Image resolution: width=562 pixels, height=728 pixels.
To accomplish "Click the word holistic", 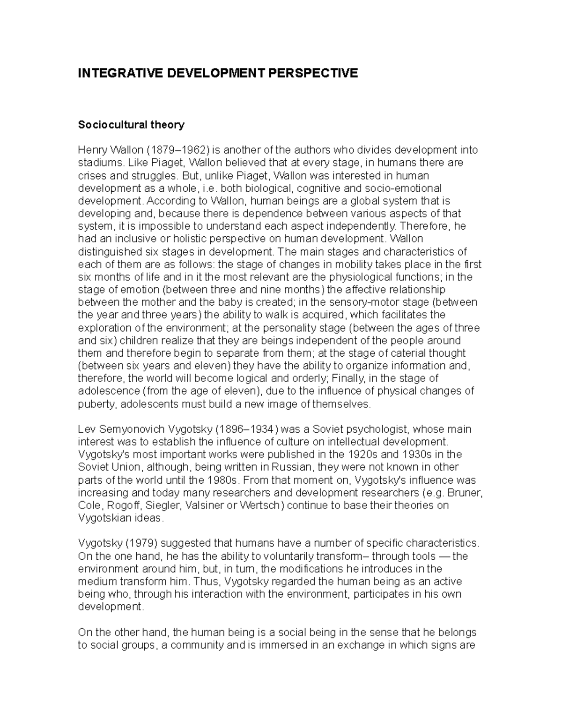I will [178, 239].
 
